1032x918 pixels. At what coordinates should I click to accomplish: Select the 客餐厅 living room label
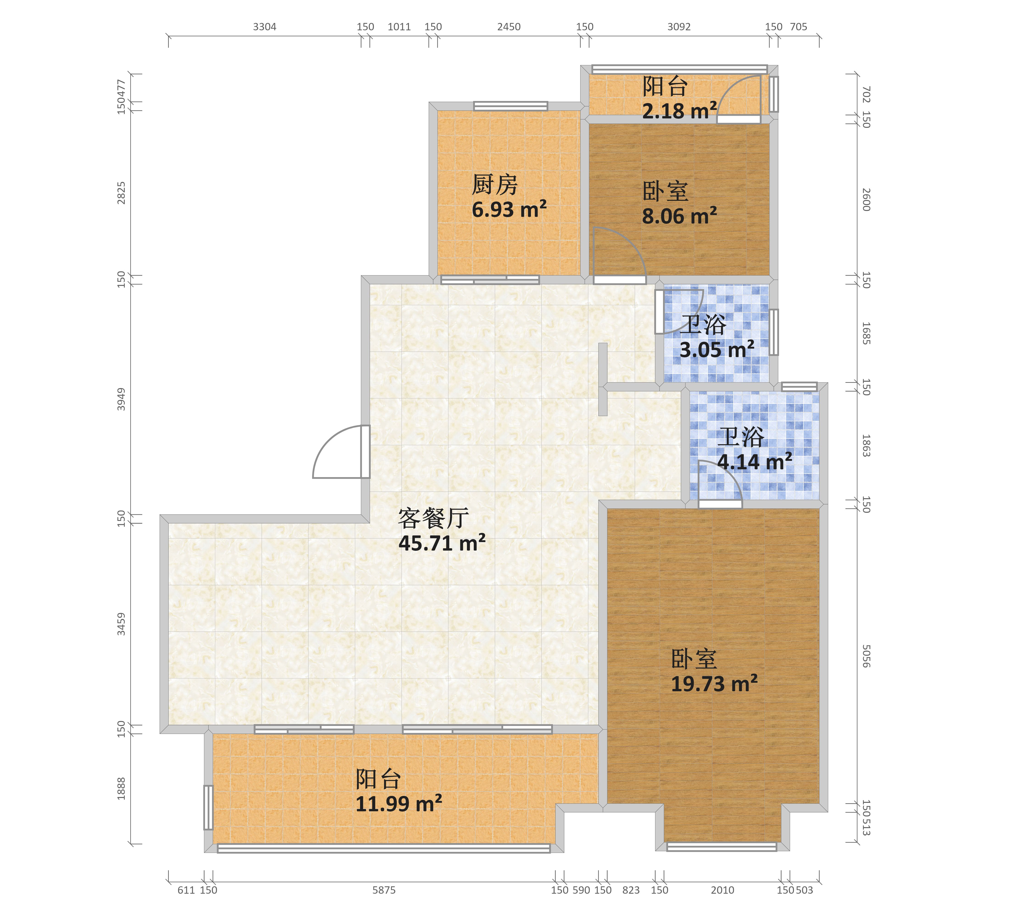point(433,518)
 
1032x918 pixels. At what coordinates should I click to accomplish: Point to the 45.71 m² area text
point(442,543)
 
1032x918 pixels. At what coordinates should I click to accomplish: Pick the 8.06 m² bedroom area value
point(679,216)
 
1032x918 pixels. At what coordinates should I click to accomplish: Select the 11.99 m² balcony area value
point(398,804)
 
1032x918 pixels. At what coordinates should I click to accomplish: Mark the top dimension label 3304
point(265,27)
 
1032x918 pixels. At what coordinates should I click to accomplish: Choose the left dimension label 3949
point(121,399)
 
